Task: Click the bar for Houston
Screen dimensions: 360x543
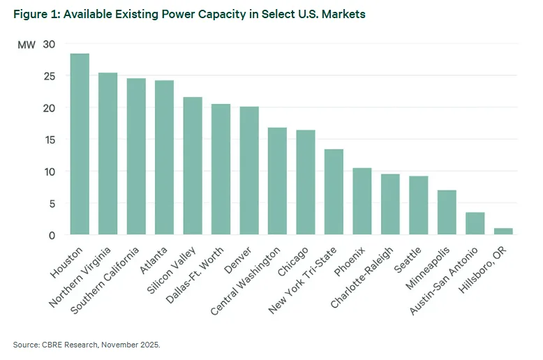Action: (80, 144)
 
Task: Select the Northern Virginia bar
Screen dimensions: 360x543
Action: (107, 153)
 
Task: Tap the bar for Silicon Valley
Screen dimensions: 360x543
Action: (193, 166)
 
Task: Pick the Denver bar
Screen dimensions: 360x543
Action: (249, 171)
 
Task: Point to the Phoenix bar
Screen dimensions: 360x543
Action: (362, 202)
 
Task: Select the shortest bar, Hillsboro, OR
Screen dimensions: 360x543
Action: (503, 232)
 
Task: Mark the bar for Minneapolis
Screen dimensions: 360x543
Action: (447, 213)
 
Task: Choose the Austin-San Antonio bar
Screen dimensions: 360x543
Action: (475, 224)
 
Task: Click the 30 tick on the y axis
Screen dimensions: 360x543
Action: (49, 44)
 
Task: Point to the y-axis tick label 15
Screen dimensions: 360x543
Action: (49, 140)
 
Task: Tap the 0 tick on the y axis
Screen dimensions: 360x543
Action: (52, 235)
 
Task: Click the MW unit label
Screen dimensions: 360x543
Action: (26, 45)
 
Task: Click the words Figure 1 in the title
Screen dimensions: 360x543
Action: (35, 15)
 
